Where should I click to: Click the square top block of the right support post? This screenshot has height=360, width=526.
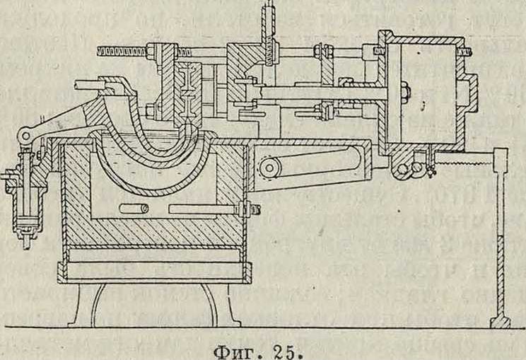point(503,155)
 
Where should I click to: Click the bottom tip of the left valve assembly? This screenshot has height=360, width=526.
point(27,244)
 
